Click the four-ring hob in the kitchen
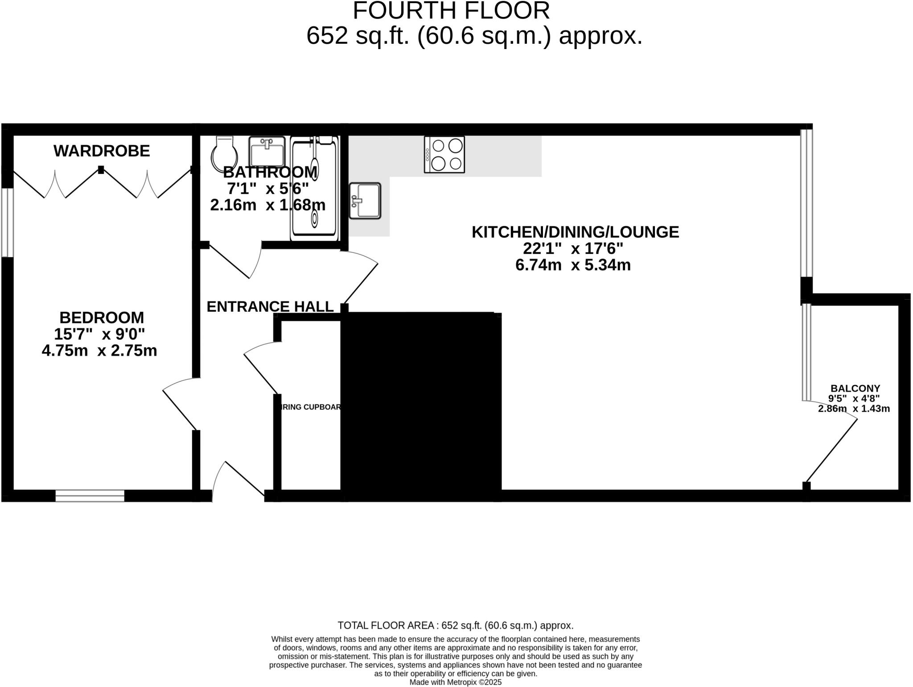point(444,154)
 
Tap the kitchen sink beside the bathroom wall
point(365,201)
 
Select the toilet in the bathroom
point(225,153)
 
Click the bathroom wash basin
point(267,152)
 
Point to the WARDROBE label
point(102,151)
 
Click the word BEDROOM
point(102,318)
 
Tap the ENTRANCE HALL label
point(270,306)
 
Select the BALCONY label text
point(855,388)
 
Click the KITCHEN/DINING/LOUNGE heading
point(575,232)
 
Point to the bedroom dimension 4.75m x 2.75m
point(99,351)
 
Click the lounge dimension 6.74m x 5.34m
point(573,265)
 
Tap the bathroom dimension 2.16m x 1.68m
point(267,205)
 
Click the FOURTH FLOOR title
point(451,11)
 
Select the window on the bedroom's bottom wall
point(90,495)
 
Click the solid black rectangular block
point(421,406)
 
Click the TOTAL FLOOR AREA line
point(455,625)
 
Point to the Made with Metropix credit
point(455,682)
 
